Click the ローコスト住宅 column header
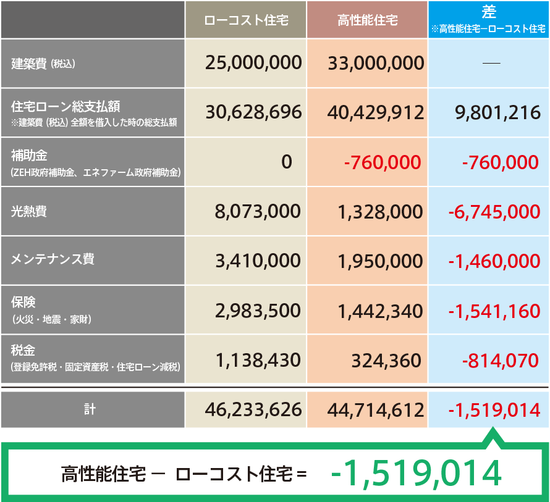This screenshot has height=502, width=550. tap(245, 20)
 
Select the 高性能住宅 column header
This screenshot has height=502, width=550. tap(368, 20)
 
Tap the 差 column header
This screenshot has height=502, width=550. tap(488, 12)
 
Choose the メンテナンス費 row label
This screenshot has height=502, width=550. tap(53, 259)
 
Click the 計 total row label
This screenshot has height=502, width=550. tap(90, 409)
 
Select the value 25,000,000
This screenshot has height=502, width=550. tap(254, 62)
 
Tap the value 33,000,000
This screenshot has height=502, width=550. tap(376, 63)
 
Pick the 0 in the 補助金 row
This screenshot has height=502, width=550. tap(286, 162)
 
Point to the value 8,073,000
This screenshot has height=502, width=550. tap(258, 211)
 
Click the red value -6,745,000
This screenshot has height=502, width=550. tap(494, 212)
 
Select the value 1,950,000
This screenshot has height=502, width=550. tap(380, 261)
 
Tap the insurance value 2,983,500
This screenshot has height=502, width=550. tap(258, 311)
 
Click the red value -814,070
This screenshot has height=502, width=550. tap(501, 360)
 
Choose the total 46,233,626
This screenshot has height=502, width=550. tap(254, 409)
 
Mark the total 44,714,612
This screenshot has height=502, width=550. tap(376, 409)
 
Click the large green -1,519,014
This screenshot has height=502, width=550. tap(415, 473)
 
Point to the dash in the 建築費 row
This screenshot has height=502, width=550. tap(491, 63)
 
